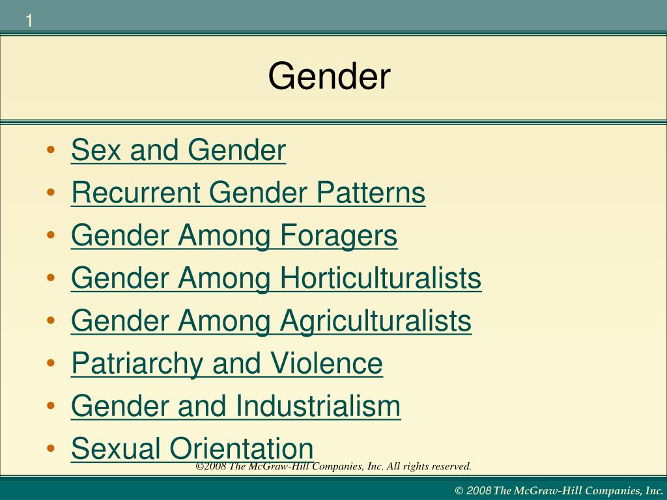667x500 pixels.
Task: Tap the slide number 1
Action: (29, 21)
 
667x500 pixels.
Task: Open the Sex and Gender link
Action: (178, 151)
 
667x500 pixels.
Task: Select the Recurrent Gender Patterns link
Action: (248, 193)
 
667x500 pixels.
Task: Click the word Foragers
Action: (339, 236)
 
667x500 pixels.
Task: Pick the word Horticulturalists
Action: (381, 279)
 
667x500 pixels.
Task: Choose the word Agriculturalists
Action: (376, 321)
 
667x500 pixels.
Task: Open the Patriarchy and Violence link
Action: (227, 363)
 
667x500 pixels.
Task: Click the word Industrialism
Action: (318, 406)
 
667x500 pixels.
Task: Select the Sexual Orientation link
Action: (192, 448)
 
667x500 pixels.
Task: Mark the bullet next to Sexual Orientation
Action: (51, 449)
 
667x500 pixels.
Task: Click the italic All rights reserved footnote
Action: (333, 466)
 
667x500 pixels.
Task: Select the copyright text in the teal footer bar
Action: (558, 490)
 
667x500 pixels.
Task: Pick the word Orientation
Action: (242, 448)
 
